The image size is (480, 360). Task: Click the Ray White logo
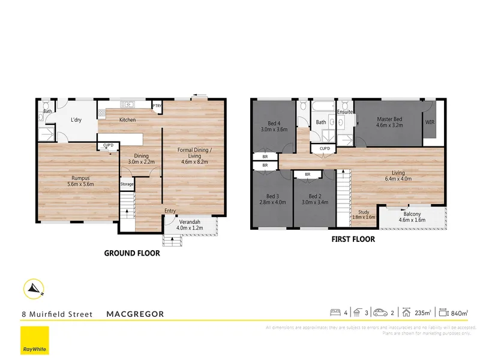34,340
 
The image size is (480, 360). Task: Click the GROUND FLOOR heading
132,253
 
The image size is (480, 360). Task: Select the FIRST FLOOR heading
353,239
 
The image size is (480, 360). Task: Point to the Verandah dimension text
191,229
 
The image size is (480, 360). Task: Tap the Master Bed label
388,119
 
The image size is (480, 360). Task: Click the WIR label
430,122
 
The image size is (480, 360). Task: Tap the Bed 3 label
272,196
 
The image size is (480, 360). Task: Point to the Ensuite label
344,112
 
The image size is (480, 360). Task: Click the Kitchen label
127,120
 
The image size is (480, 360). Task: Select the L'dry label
76,120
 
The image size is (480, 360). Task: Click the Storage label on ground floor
127,184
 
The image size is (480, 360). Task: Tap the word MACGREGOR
135,314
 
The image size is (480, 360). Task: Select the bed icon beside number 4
334,313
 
